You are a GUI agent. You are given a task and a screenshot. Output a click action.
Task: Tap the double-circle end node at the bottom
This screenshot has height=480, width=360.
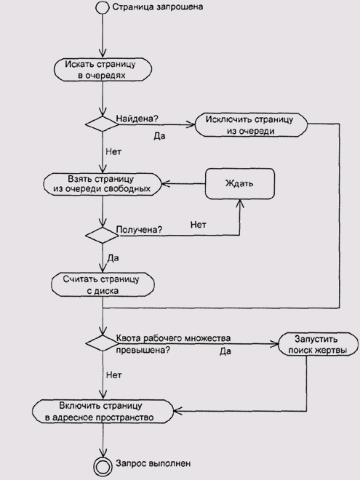tap(103, 466)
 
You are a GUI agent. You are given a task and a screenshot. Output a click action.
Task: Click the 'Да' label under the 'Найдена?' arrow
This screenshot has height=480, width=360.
tap(159, 136)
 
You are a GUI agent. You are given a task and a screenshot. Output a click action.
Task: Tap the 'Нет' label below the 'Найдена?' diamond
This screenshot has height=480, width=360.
tap(113, 151)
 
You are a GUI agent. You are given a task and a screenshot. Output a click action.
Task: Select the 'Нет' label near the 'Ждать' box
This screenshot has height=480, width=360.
tap(199, 225)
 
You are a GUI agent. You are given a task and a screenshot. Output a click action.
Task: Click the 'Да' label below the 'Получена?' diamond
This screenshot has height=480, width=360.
tap(113, 258)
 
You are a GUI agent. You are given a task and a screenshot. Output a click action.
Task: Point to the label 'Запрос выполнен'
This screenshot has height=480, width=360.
tap(153, 463)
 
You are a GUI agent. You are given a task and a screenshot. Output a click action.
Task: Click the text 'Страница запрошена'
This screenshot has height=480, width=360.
tap(158, 7)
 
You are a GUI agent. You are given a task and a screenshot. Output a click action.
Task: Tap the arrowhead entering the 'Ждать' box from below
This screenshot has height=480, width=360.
tap(240, 203)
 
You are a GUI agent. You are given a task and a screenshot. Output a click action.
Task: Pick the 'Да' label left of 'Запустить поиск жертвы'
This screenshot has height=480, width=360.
tap(225, 351)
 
